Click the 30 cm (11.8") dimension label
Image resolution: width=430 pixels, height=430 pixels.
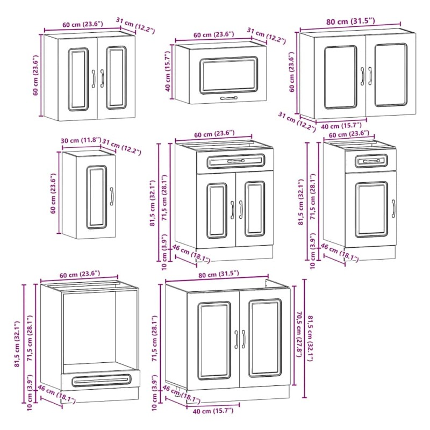tap(81, 140)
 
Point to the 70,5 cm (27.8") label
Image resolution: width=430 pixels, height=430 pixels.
tap(299, 334)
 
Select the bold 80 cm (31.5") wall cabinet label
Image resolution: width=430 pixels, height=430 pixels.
tap(350, 21)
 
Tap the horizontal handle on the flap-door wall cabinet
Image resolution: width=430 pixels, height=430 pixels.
tap(229, 98)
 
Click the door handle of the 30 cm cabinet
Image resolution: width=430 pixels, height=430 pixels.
tap(112, 196)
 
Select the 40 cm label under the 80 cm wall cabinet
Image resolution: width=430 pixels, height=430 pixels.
tap(341, 126)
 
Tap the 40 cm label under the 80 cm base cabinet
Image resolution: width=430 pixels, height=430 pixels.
tap(213, 411)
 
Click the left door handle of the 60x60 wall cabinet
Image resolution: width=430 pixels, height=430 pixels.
tap(93, 78)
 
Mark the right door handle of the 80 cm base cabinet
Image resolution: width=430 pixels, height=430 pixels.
tap(243, 339)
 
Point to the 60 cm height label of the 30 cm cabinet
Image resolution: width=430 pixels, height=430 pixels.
tap(53, 193)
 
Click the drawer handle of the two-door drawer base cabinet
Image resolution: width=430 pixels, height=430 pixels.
tap(236, 161)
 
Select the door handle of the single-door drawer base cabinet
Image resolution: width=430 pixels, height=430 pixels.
tap(393, 209)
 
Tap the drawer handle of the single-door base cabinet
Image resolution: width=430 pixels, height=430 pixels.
tap(371, 161)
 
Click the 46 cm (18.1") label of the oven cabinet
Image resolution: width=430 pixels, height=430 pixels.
tap(56, 395)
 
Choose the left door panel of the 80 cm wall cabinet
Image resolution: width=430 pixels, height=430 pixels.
tap(340, 77)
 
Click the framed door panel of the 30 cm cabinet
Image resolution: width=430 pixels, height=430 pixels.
tap(97, 197)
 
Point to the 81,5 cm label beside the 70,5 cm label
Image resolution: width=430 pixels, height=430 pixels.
tap(310, 339)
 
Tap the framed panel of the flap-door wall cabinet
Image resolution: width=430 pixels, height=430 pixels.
tap(229, 75)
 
